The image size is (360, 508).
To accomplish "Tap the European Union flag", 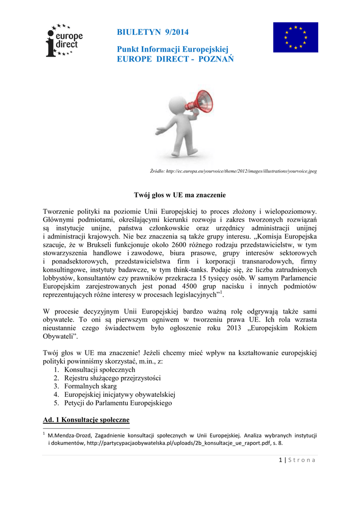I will pyautogui.click(x=295, y=37).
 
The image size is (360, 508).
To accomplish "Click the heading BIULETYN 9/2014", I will pyautogui.click(x=152, y=32).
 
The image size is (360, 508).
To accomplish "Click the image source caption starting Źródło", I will pyautogui.click(x=233, y=171).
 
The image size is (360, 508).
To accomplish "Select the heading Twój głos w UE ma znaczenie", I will pyautogui.click(x=180, y=195).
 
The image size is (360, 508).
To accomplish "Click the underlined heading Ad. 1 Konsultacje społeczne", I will pyautogui.click(x=86, y=420).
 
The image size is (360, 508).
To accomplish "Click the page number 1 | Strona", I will pyautogui.click(x=297, y=460).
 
